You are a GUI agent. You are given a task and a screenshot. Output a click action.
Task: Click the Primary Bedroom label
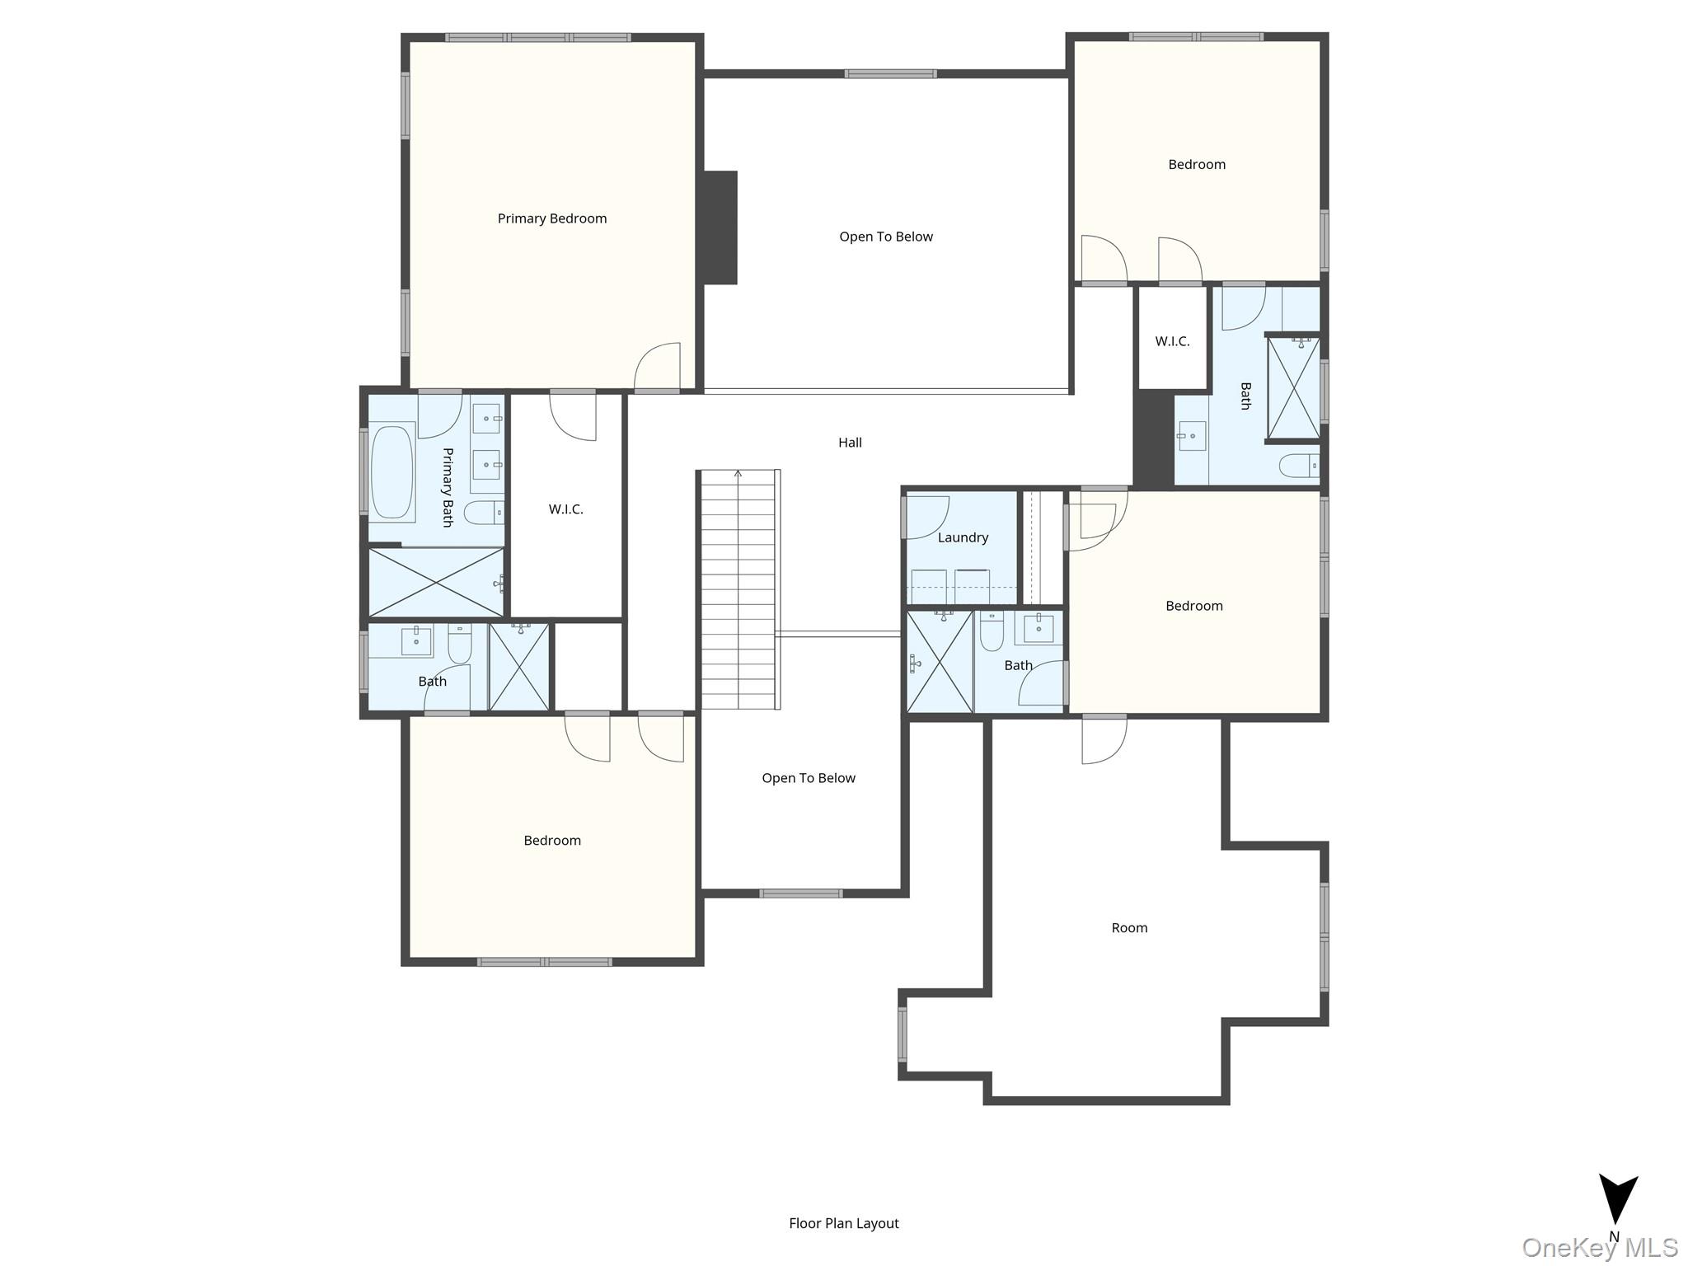coord(551,218)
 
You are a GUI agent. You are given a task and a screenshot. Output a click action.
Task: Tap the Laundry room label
coord(962,537)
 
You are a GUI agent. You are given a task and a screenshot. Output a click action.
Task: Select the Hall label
coord(850,443)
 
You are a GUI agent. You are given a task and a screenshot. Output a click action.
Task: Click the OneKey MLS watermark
coord(1599,1248)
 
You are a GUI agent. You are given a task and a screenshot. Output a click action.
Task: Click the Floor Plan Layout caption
coord(843,1223)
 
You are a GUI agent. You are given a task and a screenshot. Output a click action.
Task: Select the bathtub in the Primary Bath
coord(392,472)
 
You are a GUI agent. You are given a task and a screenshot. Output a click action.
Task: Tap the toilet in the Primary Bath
coord(482,513)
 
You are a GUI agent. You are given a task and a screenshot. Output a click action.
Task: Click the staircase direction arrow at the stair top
coord(738,475)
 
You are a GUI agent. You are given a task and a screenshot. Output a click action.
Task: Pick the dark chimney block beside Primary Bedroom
coord(720,227)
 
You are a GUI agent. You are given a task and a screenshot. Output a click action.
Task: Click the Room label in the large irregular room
coord(1128,928)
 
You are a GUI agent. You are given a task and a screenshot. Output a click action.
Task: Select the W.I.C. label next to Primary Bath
coord(565,509)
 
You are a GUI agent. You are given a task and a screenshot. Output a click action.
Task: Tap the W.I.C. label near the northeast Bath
coord(1171,341)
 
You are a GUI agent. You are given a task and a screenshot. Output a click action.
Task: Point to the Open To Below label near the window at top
coord(885,237)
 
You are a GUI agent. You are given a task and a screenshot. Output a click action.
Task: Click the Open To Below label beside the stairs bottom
coord(808,778)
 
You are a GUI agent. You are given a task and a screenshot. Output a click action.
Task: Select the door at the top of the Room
coord(1103,739)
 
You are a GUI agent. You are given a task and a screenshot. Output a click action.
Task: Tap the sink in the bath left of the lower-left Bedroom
coord(415,640)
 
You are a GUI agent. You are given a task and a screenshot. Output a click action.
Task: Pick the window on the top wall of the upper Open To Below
coord(890,74)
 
